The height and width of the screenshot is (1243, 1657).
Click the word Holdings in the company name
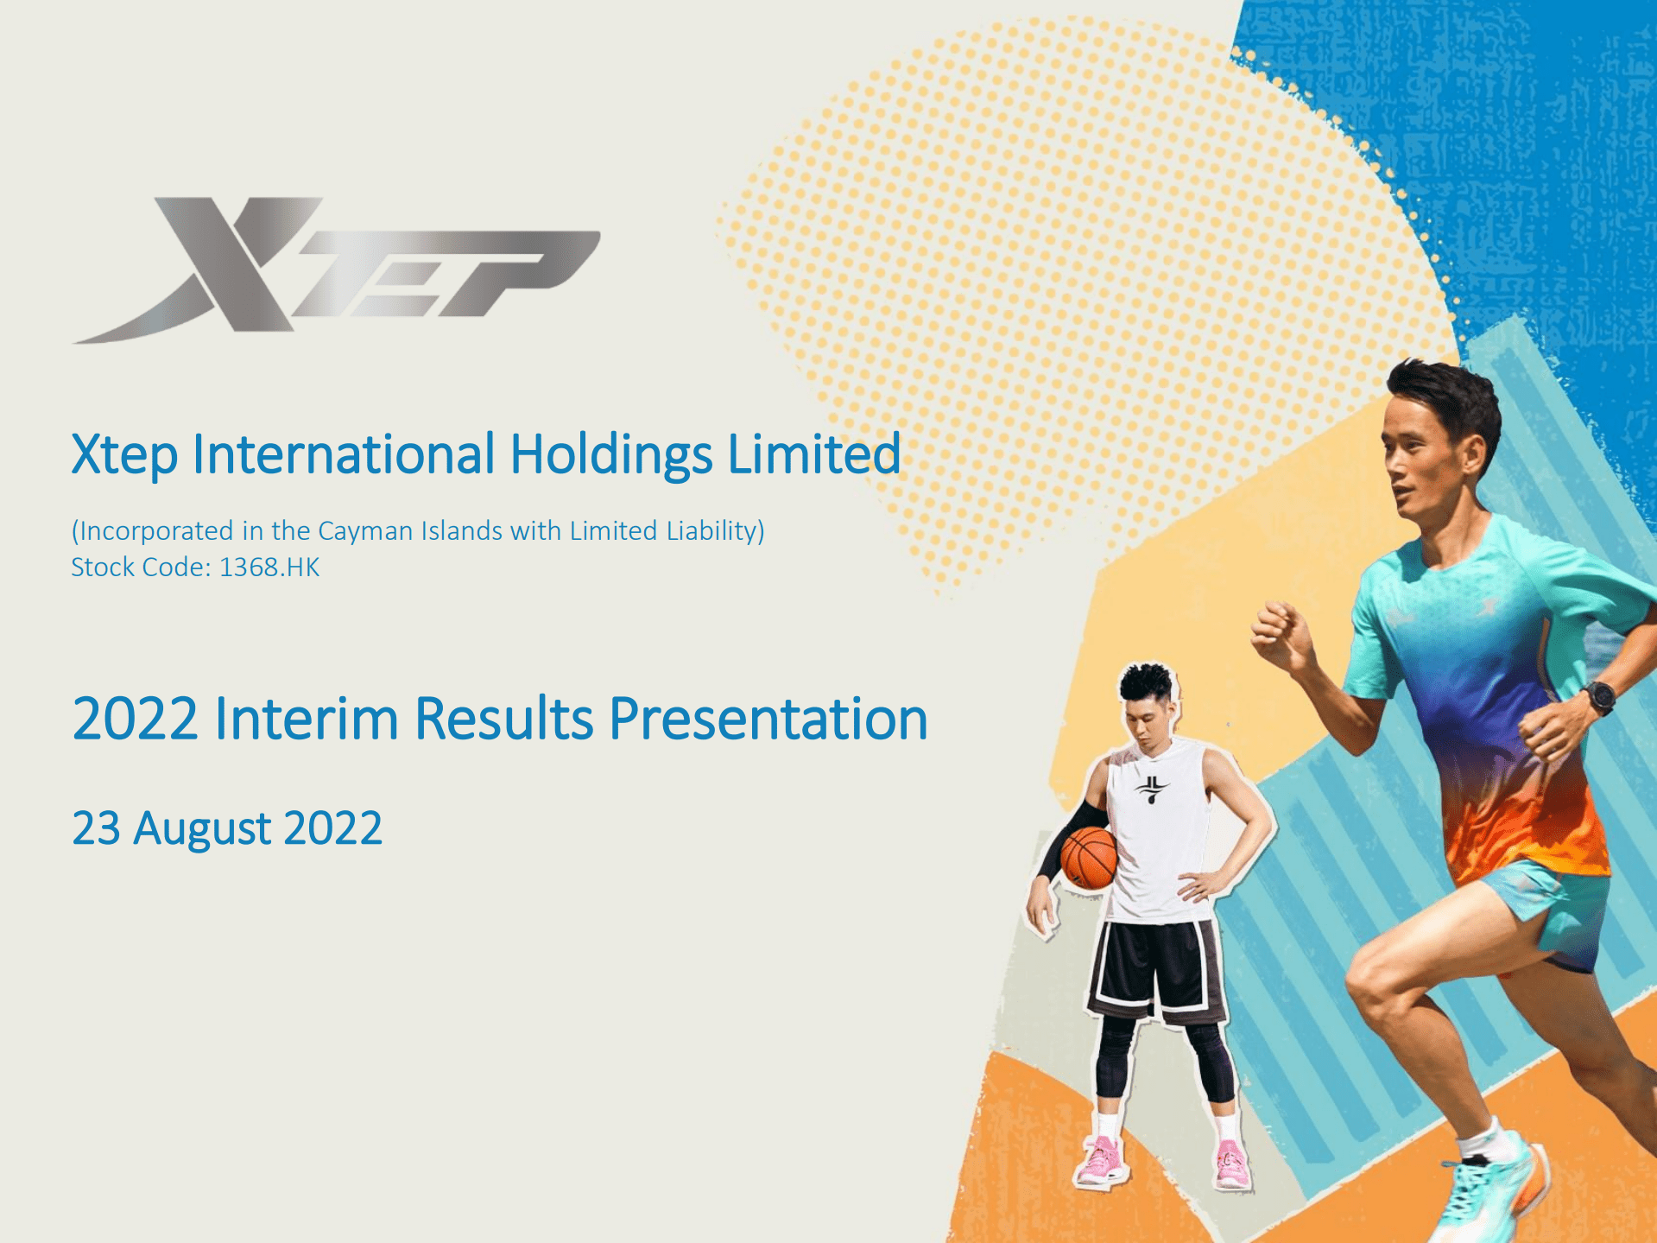tap(610, 454)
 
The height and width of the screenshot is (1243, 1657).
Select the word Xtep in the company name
tap(124, 456)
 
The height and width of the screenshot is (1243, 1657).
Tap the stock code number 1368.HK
tap(269, 568)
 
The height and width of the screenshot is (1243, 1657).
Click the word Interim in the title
tap(307, 719)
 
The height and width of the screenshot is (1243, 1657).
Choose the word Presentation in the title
tap(768, 719)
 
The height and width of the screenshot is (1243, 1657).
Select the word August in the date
tap(203, 829)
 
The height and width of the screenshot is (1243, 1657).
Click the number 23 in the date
tap(96, 828)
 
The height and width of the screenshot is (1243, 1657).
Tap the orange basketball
tap(1089, 858)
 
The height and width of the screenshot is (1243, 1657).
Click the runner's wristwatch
tap(1600, 697)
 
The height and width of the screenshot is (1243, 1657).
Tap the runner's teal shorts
tap(1554, 907)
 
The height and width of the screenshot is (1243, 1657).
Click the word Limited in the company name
tap(813, 454)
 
